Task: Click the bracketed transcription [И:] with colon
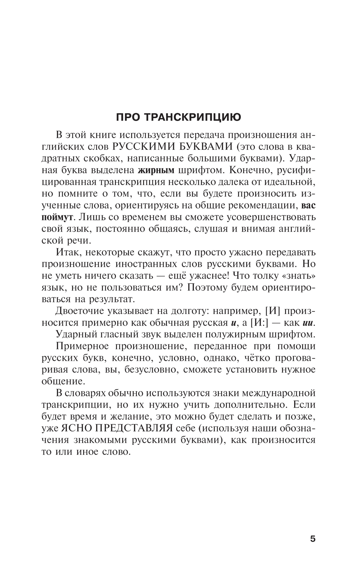tap(259, 322)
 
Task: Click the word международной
tap(279, 393)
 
